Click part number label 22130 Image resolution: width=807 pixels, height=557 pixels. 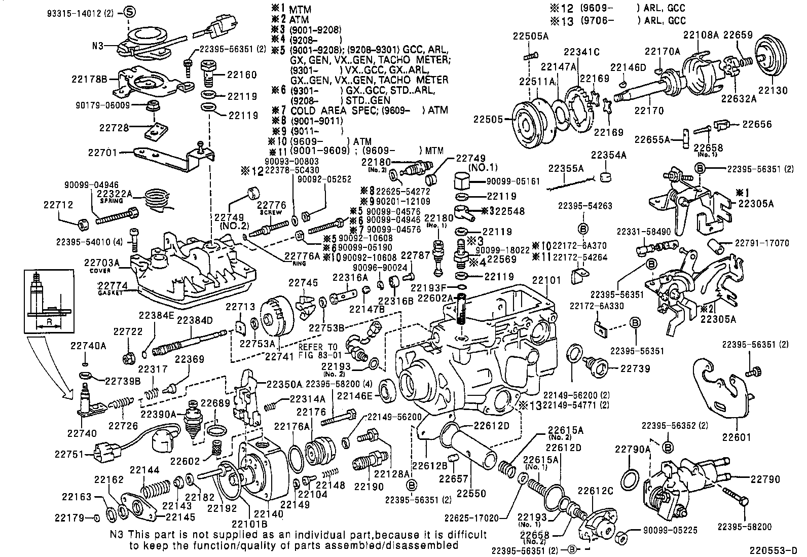coord(773,91)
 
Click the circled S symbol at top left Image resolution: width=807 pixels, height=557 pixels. coord(129,12)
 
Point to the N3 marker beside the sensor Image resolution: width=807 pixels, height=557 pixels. coord(98,46)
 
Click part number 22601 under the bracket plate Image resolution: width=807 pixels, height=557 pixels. coord(737,436)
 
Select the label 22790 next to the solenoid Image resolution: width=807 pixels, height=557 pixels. coord(765,478)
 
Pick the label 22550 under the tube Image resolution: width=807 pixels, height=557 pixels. coord(470,493)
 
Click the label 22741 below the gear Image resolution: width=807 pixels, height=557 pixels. coord(279,357)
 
